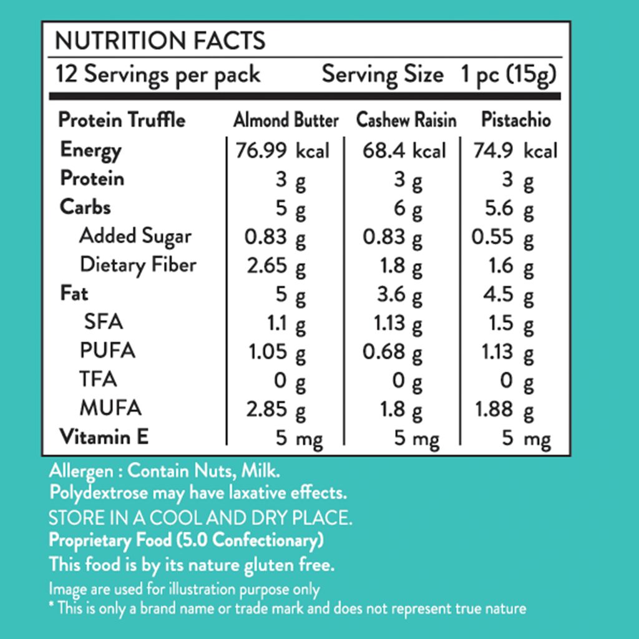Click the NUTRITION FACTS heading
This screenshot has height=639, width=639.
160,41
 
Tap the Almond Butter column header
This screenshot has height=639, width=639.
286,120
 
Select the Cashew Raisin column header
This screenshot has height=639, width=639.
406,120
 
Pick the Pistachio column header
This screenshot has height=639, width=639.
516,120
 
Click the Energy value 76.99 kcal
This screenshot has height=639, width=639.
282,150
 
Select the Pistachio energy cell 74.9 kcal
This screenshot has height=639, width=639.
515,150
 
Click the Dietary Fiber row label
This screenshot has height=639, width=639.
138,265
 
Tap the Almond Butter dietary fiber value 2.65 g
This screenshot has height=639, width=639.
276,266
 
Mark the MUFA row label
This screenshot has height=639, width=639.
110,408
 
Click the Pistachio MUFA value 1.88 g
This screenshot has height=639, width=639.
504,410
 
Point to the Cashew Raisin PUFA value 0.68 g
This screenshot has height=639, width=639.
393,353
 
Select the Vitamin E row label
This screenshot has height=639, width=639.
104,437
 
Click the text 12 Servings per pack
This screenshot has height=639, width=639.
158,75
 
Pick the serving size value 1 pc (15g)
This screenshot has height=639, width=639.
509,75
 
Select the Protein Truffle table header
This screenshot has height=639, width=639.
122,120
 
